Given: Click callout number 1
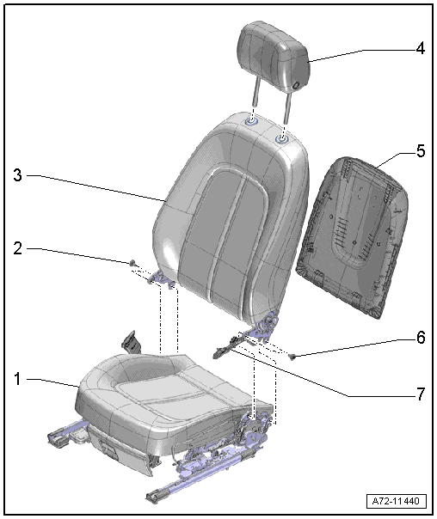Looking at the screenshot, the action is click(17, 379).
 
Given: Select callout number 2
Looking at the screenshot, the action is click(18, 248).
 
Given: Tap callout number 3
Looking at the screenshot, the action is click(18, 175).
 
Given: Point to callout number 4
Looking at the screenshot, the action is click(420, 49).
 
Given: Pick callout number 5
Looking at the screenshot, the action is click(421, 151).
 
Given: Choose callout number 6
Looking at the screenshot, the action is click(421, 338).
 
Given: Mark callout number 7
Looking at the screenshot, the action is click(421, 394).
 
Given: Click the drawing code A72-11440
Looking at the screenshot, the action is click(396, 501).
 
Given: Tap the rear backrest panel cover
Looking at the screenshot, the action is click(353, 237).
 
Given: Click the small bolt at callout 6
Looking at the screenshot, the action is click(292, 356).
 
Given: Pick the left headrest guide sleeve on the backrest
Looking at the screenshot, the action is click(252, 122).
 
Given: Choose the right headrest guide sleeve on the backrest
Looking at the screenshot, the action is click(282, 138).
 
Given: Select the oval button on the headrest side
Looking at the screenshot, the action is click(296, 85).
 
